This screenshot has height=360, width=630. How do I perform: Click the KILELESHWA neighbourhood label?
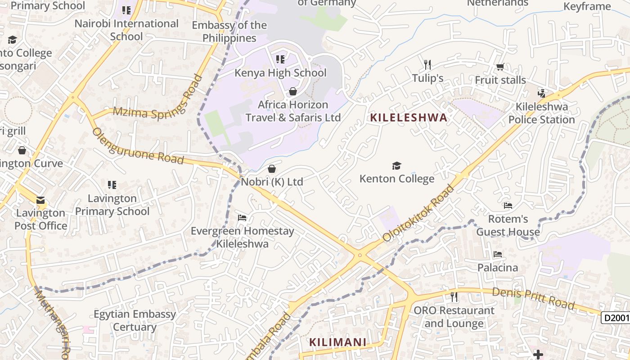click(x=409, y=118)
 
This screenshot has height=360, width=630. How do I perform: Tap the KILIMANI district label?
click(x=337, y=342)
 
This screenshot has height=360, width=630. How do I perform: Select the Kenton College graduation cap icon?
click(x=396, y=166)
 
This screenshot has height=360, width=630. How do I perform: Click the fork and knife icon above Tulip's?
click(x=427, y=65)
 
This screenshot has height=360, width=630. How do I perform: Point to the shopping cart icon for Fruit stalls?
click(x=500, y=67)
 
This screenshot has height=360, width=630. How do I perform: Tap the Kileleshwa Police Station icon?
click(x=542, y=94)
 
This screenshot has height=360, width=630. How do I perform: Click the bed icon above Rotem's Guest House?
click(x=508, y=206)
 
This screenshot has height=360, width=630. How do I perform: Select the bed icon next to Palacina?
click(x=497, y=254)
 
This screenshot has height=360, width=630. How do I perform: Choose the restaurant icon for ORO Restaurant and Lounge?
click(x=454, y=297)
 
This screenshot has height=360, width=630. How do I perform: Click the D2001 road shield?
click(x=616, y=318)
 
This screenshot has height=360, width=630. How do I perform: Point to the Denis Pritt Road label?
click(x=533, y=299)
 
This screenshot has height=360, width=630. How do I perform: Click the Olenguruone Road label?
click(x=138, y=146)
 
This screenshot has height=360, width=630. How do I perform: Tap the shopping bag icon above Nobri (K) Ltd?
click(x=272, y=169)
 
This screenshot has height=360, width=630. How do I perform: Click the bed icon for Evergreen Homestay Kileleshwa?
click(x=242, y=218)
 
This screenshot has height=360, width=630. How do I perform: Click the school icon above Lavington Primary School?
click(x=112, y=184)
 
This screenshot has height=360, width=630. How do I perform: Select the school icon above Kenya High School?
click(x=280, y=59)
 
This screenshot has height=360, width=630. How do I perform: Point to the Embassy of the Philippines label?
click(x=229, y=31)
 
